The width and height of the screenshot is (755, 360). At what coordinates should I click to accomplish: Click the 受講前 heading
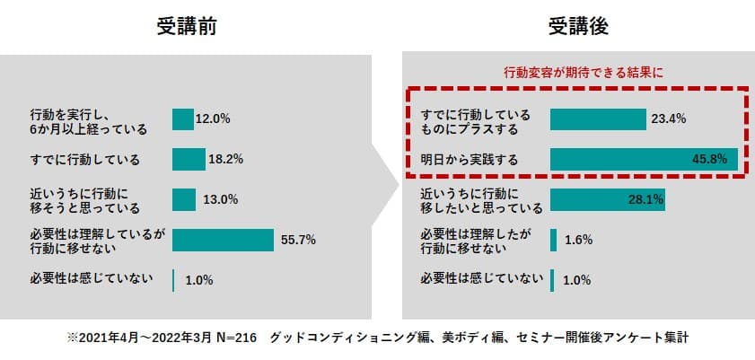coord(186,27)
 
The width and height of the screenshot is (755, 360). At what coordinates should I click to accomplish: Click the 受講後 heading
coord(579,27)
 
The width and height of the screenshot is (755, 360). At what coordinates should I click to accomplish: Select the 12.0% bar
coord(183,119)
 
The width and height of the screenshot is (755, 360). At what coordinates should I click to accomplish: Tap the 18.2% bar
coord(189,160)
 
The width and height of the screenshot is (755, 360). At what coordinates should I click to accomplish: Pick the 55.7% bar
coord(223,240)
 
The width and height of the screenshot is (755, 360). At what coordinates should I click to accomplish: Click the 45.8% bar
coord(643,160)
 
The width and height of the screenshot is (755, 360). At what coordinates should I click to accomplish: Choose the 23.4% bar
coord(598,119)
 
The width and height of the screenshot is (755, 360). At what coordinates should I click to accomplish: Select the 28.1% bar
coord(607,199)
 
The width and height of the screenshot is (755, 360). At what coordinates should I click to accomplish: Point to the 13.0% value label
coord(220,200)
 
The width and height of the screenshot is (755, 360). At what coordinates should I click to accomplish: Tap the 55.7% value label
coord(299,240)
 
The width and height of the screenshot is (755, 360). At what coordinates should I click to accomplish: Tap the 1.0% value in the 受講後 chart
coord(576,280)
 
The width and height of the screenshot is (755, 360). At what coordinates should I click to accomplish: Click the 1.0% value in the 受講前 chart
coord(198,280)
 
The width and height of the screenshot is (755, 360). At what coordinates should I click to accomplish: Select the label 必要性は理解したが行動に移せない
coord(475,241)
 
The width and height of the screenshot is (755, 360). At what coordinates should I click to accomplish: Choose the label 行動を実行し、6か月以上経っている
coord(88,120)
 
